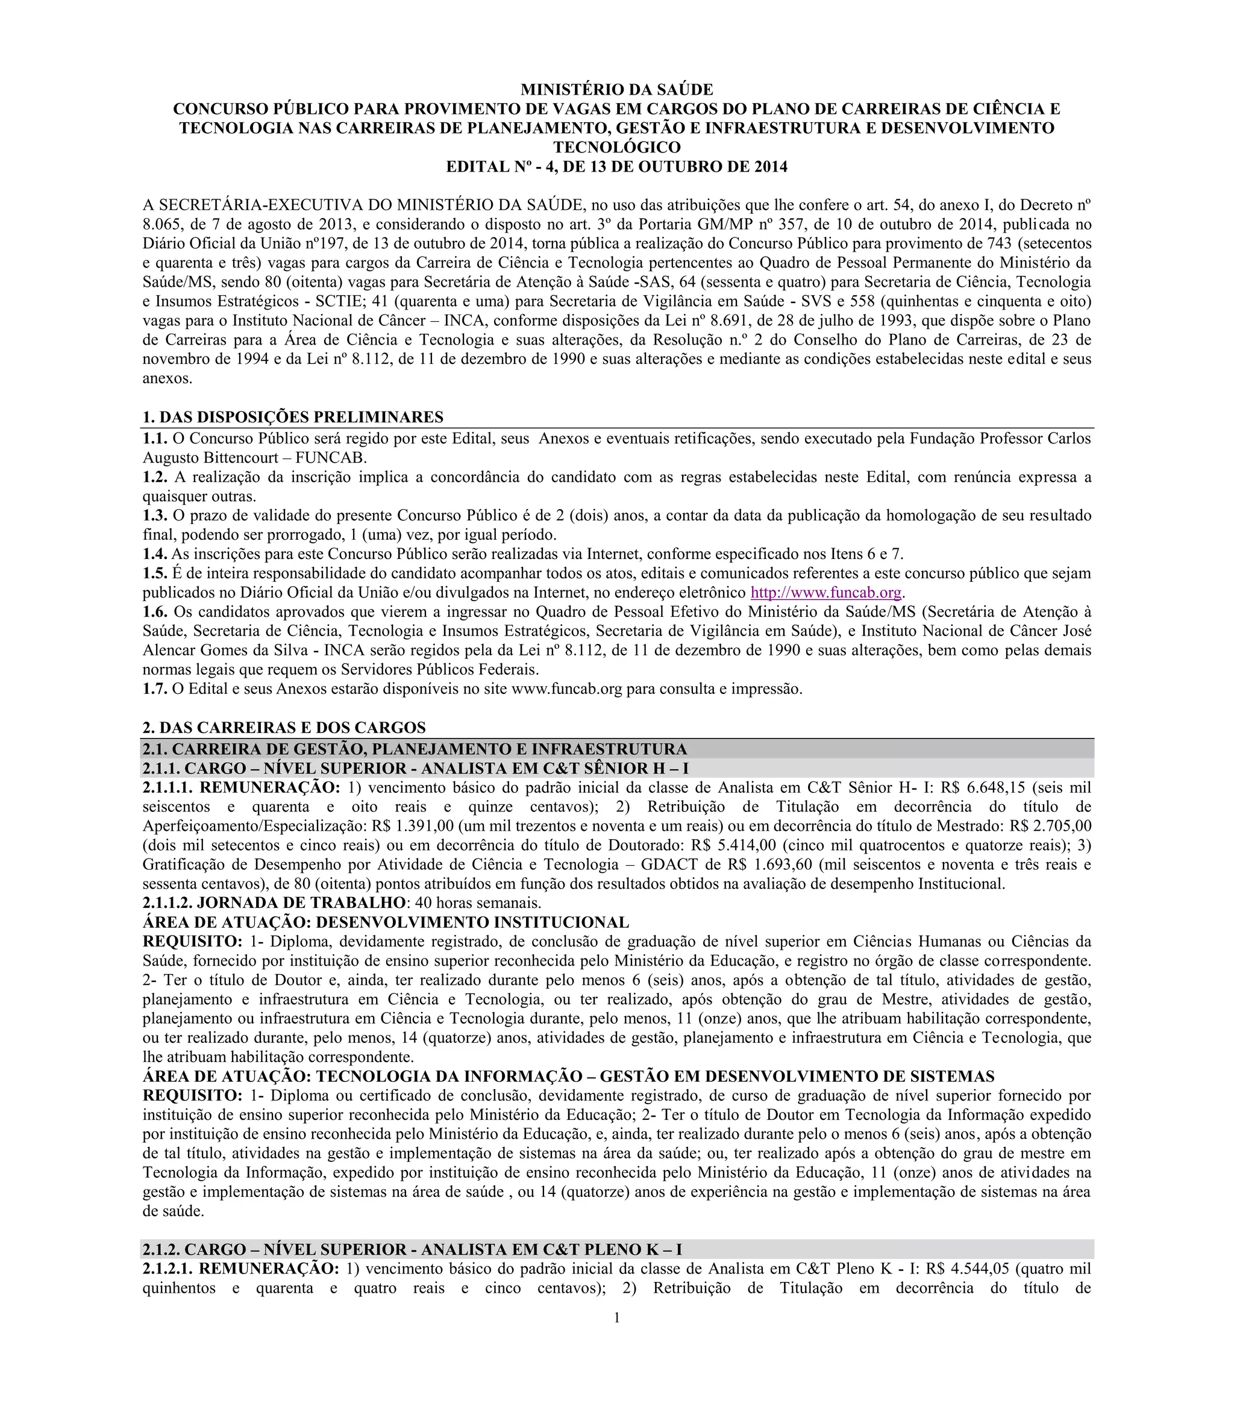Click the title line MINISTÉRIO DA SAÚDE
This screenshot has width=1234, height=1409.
click(616, 90)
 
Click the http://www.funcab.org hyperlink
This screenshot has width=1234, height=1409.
click(825, 593)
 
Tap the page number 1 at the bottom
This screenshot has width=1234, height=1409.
click(617, 1317)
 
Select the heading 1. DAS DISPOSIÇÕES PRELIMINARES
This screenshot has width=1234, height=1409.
click(293, 417)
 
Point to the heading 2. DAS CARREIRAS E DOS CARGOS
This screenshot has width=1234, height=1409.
click(284, 728)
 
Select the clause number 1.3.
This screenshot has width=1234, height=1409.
click(155, 516)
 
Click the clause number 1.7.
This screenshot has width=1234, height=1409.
click(155, 689)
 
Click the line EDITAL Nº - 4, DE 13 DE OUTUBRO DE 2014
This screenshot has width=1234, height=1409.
click(616, 167)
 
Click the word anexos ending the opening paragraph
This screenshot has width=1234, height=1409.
click(167, 378)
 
